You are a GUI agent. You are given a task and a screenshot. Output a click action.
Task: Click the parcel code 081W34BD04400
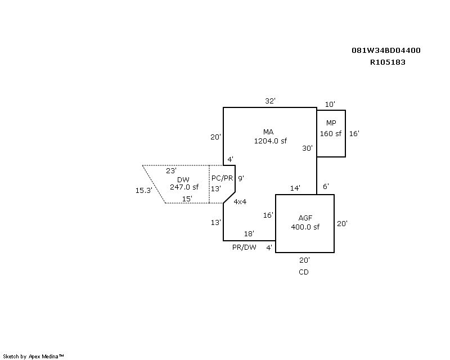386,51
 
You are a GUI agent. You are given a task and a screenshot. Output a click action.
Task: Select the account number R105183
388,62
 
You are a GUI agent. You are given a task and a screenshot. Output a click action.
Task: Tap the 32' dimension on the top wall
270,101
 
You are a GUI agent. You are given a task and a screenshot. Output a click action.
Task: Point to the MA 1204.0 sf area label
268,137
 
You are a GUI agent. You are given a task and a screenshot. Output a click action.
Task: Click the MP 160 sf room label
331,128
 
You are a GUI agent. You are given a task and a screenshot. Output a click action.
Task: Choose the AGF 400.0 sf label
305,223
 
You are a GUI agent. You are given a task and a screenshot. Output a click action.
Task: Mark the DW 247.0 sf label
184,183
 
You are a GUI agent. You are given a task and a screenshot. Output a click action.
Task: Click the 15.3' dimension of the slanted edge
143,191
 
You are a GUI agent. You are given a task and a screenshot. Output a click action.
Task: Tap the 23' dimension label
171,170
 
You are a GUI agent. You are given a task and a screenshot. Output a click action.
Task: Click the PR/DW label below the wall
245,247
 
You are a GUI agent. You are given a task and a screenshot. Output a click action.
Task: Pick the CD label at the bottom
304,272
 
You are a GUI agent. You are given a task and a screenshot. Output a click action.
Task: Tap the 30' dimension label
307,148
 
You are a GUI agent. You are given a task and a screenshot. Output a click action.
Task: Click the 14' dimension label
295,188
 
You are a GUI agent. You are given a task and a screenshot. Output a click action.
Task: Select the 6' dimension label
326,186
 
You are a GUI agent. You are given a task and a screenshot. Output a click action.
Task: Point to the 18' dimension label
249,234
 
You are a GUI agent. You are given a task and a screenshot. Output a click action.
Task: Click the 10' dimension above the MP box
330,104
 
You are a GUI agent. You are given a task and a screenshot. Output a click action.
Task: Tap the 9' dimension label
240,178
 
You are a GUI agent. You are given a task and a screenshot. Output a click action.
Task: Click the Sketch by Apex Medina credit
34,356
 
